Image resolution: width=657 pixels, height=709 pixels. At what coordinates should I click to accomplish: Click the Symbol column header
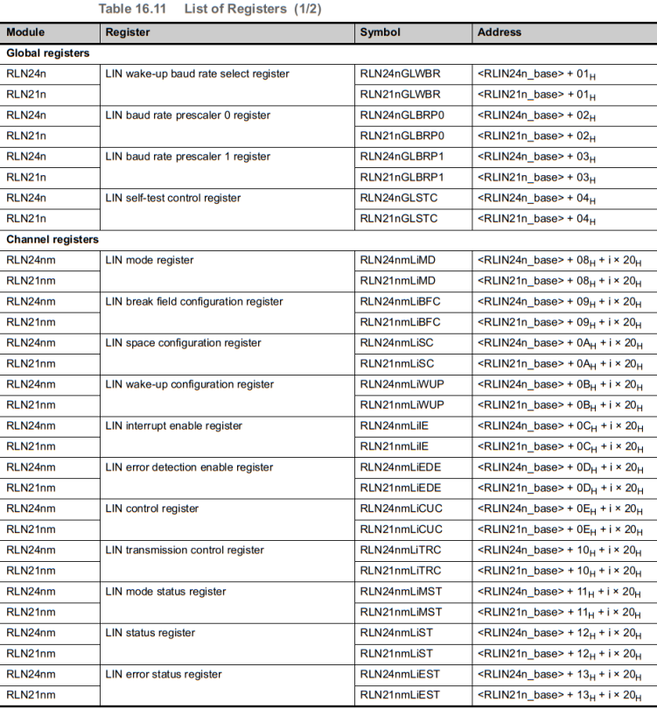(x=381, y=32)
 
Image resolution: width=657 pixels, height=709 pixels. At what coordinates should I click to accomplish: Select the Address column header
(x=500, y=32)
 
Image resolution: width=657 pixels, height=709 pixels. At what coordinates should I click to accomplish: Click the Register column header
(x=128, y=32)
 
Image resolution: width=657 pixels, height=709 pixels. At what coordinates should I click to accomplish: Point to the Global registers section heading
(x=48, y=53)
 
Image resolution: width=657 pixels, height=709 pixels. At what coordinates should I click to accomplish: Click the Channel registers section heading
(x=52, y=239)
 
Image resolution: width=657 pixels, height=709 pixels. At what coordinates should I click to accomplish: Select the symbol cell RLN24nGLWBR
(x=400, y=74)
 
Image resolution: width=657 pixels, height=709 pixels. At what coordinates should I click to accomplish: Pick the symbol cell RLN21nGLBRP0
(x=402, y=136)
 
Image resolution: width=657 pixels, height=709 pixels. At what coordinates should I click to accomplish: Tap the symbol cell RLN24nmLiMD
(x=397, y=260)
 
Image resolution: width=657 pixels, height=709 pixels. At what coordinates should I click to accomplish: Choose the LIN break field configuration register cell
(x=194, y=301)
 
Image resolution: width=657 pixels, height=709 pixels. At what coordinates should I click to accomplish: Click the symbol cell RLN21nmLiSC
(x=397, y=363)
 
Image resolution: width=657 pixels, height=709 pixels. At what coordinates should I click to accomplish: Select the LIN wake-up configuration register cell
(x=189, y=384)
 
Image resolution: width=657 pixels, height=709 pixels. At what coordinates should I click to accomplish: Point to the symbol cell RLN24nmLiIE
(x=395, y=425)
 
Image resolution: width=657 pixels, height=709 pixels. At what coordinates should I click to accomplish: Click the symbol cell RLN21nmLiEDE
(x=401, y=488)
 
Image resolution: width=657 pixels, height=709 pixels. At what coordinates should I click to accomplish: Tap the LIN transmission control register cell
(x=184, y=550)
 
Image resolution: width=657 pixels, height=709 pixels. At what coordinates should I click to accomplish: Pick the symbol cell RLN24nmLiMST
(x=401, y=592)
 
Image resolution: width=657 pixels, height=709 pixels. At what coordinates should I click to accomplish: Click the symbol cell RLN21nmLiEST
(x=401, y=695)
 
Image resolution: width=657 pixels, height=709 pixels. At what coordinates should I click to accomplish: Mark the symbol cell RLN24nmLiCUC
(x=401, y=509)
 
